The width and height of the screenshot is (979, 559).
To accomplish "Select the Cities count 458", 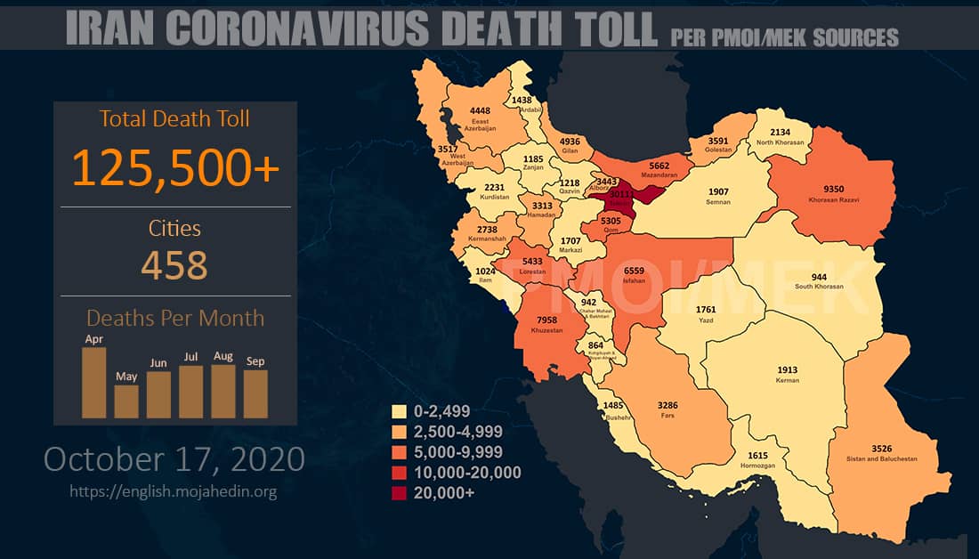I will click(175, 263).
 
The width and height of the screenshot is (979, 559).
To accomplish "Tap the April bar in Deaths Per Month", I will click(93, 382).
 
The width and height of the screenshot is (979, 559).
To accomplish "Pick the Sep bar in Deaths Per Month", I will click(255, 393).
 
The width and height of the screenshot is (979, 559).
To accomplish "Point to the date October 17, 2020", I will click(174, 459).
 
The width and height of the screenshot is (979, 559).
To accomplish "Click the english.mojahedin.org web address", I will click(174, 490).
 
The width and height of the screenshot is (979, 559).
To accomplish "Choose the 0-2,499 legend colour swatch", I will click(400, 411).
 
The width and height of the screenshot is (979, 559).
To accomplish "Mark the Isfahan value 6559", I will click(635, 270).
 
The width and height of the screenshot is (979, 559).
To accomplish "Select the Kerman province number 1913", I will click(788, 370).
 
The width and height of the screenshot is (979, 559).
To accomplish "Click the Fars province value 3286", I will click(667, 405).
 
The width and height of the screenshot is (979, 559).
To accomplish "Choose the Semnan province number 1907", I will click(718, 191).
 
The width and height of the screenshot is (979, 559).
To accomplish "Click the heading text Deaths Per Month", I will click(175, 318).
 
